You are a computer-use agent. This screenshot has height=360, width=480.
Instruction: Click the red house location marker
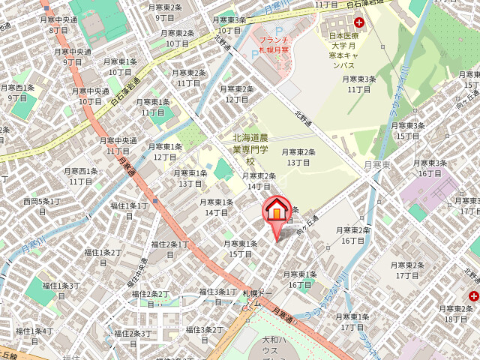(277, 209)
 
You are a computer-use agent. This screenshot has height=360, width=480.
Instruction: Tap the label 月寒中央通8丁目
(58, 25)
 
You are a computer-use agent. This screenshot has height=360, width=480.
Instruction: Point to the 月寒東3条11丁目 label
(359, 84)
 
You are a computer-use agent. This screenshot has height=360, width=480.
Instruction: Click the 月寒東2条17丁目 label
(407, 271)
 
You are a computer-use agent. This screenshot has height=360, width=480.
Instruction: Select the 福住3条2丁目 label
(205, 334)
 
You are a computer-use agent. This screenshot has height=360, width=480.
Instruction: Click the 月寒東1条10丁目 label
(120, 67)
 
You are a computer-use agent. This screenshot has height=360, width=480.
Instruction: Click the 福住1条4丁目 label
(37, 335)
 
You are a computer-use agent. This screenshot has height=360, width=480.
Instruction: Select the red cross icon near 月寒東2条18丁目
(473, 297)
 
